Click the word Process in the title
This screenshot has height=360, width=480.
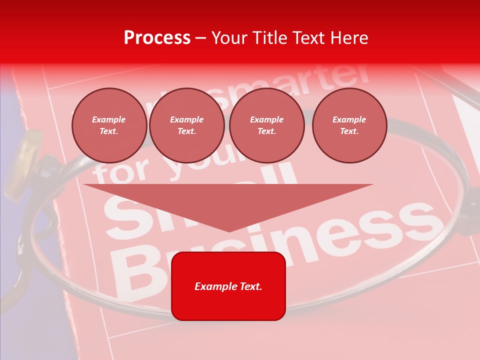tap(157, 38)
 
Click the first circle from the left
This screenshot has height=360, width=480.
tap(109, 125)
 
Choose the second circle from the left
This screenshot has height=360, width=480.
tap(187, 125)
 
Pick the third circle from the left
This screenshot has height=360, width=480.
tap(267, 125)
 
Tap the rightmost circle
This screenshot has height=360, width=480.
tap(349, 125)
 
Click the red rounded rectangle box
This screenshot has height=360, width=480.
tap(228, 286)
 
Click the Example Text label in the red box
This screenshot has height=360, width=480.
tap(228, 286)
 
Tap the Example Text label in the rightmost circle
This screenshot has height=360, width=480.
tap(349, 125)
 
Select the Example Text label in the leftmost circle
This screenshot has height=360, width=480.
tap(109, 125)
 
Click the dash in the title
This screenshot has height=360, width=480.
tap(201, 38)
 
